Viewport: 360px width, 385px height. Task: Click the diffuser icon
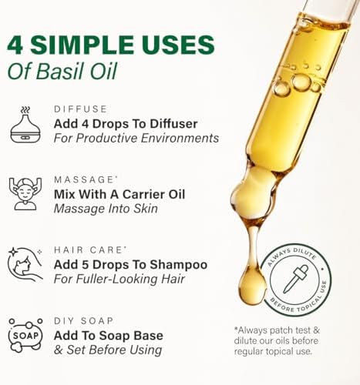[x=25, y=125]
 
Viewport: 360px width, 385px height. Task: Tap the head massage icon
[x=25, y=194]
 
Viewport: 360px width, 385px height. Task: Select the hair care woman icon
[x=25, y=264]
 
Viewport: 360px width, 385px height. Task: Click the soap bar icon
[x=25, y=335]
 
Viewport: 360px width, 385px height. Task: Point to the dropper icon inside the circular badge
[x=295, y=280]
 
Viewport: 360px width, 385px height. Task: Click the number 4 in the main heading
[x=15, y=45]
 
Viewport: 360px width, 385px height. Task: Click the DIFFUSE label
[x=80, y=109]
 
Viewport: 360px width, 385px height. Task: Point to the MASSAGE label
[x=84, y=179]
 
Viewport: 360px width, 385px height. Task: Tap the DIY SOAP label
[x=84, y=321]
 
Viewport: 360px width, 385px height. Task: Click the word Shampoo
[x=179, y=266]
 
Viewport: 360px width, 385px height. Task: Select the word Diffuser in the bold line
[x=174, y=124]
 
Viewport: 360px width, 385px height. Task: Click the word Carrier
[x=143, y=195]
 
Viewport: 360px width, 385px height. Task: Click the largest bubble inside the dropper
[x=301, y=82]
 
